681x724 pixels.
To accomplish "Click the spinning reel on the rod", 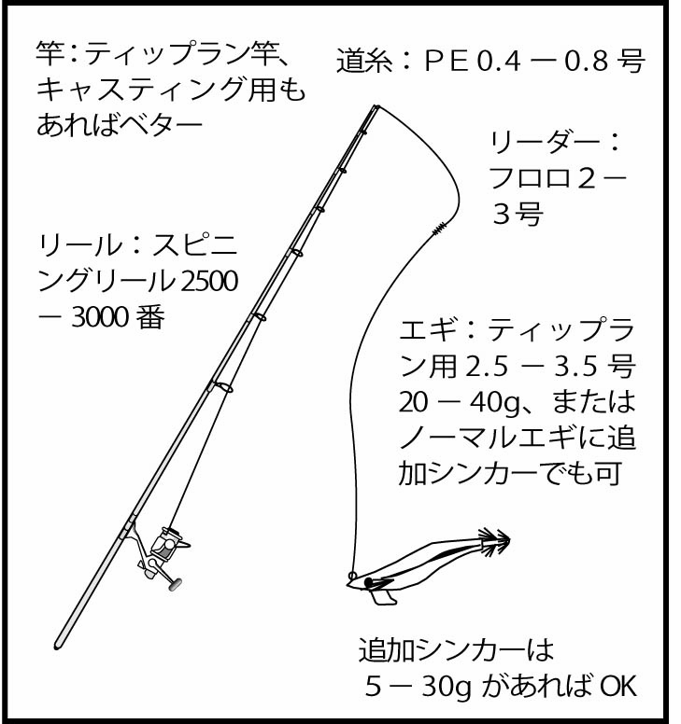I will (x=164, y=552).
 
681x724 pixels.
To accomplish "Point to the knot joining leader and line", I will (x=437, y=228).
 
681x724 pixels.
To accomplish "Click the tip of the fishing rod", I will (x=376, y=106).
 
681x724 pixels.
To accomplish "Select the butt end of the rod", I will (x=58, y=644).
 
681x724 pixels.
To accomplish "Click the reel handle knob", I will (x=175, y=586).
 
